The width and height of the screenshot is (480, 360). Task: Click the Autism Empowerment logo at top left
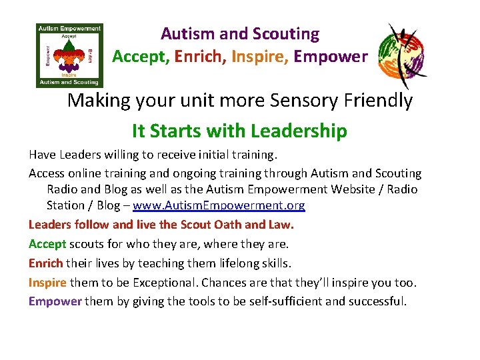coord(69,56)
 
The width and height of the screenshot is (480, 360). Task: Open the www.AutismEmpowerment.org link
coord(219,206)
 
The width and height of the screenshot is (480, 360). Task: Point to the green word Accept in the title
coord(140,57)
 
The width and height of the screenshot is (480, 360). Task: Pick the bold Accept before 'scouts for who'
coord(47,243)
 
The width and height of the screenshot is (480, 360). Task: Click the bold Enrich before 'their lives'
coord(46,263)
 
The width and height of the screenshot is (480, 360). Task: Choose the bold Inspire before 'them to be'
coord(47,282)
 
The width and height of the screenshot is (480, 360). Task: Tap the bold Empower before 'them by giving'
coord(55,301)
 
